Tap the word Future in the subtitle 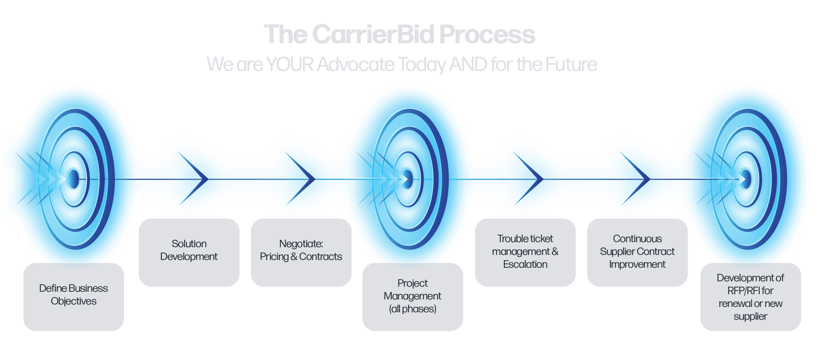click(571, 64)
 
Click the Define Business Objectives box click(74, 297)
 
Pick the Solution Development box click(189, 253)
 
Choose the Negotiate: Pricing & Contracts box click(301, 253)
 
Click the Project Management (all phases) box click(413, 297)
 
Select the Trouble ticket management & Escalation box click(525, 253)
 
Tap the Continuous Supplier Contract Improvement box click(637, 253)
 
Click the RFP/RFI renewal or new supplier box click(750, 297)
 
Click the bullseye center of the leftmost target click(74, 179)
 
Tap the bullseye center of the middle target click(408, 179)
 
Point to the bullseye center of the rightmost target click(746, 179)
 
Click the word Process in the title click(487, 35)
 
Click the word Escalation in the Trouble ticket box click(525, 264)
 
